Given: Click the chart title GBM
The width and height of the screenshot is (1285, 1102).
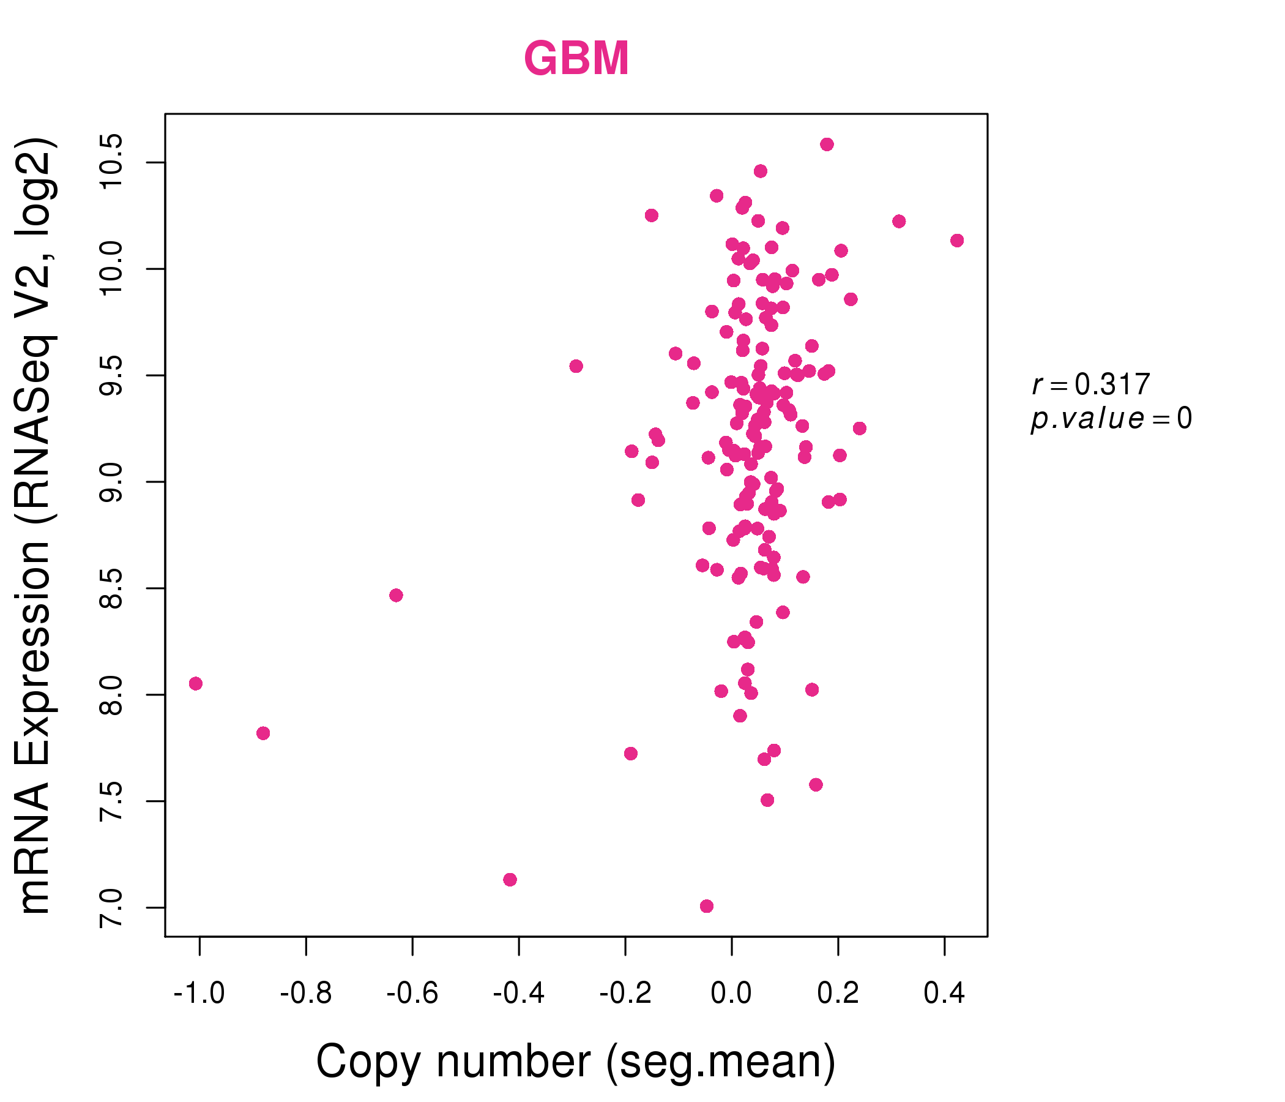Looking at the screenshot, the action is tap(576, 58).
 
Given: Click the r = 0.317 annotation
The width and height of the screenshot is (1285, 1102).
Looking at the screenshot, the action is tap(1091, 384).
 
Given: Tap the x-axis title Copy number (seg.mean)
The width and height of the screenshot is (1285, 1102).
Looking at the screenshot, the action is tap(576, 1062).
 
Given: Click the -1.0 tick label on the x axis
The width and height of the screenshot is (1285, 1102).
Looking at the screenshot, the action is tap(199, 994).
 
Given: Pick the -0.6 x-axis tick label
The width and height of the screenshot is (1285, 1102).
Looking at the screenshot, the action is tap(412, 994).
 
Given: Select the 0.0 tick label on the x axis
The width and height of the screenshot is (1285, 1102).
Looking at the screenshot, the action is tap(731, 994).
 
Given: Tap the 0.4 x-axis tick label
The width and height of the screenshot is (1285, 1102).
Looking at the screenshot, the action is tap(944, 994).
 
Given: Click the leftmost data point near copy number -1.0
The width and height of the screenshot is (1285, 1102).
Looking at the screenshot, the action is tap(195, 684).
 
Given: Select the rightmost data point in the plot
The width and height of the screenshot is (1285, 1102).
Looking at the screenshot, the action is tap(957, 240).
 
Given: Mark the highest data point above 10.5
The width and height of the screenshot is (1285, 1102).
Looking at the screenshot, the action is tap(827, 144).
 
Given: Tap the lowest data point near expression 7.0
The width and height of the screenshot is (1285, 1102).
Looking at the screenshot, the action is tap(706, 907).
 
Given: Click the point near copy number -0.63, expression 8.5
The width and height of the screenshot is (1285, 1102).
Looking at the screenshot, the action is tap(397, 596).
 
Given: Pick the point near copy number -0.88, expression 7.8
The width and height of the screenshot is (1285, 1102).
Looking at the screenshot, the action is tap(263, 733).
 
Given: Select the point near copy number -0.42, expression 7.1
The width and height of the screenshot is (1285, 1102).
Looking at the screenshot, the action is tap(510, 880).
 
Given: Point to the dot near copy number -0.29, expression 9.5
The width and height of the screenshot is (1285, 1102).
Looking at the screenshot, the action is tap(576, 366).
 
